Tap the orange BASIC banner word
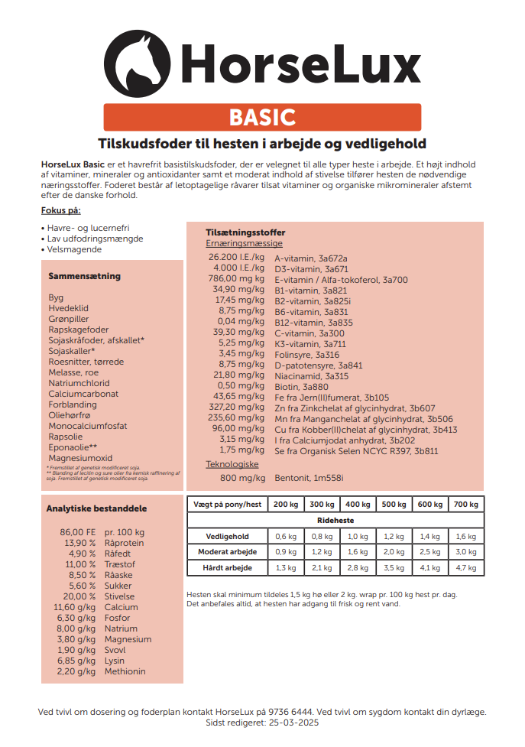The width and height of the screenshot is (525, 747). [x=262, y=117]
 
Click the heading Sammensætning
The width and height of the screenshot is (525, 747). [x=84, y=276]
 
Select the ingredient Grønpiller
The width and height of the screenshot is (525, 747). [x=69, y=319]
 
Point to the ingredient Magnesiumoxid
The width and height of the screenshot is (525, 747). [x=80, y=458]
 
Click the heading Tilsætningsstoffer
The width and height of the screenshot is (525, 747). [x=245, y=232]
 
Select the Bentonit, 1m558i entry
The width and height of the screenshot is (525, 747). [x=309, y=478]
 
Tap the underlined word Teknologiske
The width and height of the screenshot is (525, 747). [x=232, y=464]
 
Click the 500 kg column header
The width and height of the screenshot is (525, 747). [x=394, y=505]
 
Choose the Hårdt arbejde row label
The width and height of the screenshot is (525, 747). [x=227, y=567]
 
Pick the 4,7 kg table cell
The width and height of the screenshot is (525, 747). [x=466, y=567]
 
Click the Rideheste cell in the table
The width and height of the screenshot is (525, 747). [x=335, y=520]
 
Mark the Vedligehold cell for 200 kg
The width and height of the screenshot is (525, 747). [x=286, y=536]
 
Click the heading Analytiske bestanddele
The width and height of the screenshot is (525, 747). [x=96, y=508]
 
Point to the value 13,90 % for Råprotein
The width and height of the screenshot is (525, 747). [x=80, y=543]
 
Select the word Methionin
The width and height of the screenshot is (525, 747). [x=125, y=671]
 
